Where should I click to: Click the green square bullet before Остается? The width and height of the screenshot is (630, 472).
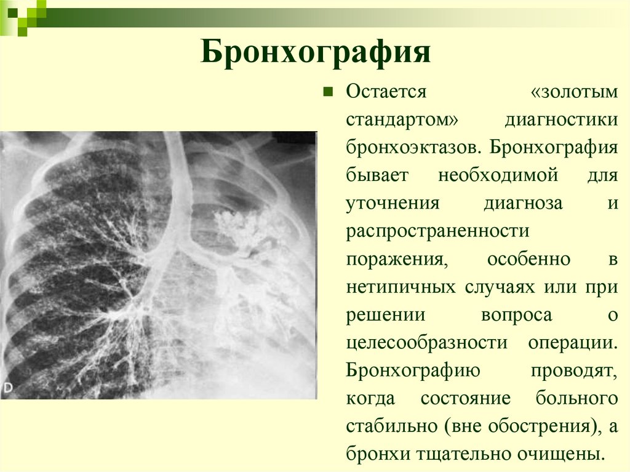[x=328, y=92]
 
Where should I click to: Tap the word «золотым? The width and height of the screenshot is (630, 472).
[x=573, y=92]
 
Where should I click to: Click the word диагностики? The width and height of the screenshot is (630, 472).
[x=561, y=119]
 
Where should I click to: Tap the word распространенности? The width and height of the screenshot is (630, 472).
[x=437, y=231]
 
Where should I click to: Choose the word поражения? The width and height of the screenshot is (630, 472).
[x=395, y=259]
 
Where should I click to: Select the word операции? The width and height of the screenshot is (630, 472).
[x=572, y=343]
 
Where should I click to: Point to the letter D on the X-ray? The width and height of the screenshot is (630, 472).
[x=8, y=388]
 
